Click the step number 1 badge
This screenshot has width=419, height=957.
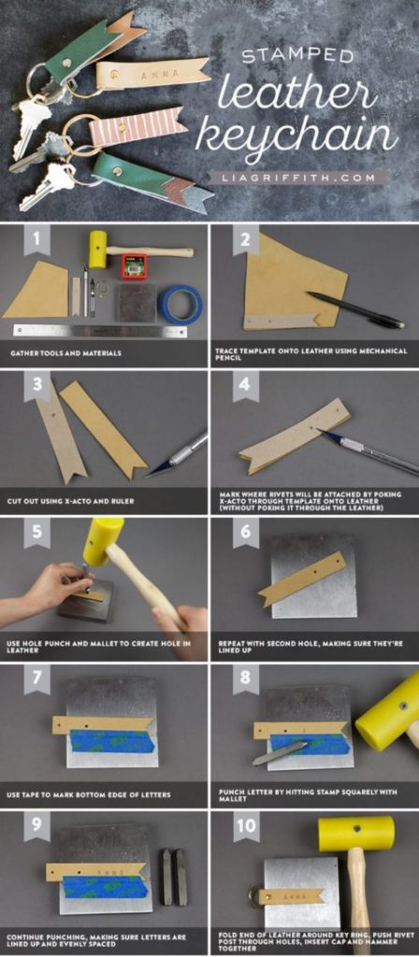pyautogui.click(x=36, y=241)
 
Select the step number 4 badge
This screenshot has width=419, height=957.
pyautogui.click(x=246, y=384)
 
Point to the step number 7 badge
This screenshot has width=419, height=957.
pyautogui.click(x=36, y=679)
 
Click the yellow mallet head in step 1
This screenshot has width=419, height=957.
pyautogui.click(x=97, y=250)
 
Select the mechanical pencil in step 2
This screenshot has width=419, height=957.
pyautogui.click(x=354, y=310)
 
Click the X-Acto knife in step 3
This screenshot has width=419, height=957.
pyautogui.click(x=177, y=453)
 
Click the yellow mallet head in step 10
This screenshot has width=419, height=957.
pyautogui.click(x=354, y=834)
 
